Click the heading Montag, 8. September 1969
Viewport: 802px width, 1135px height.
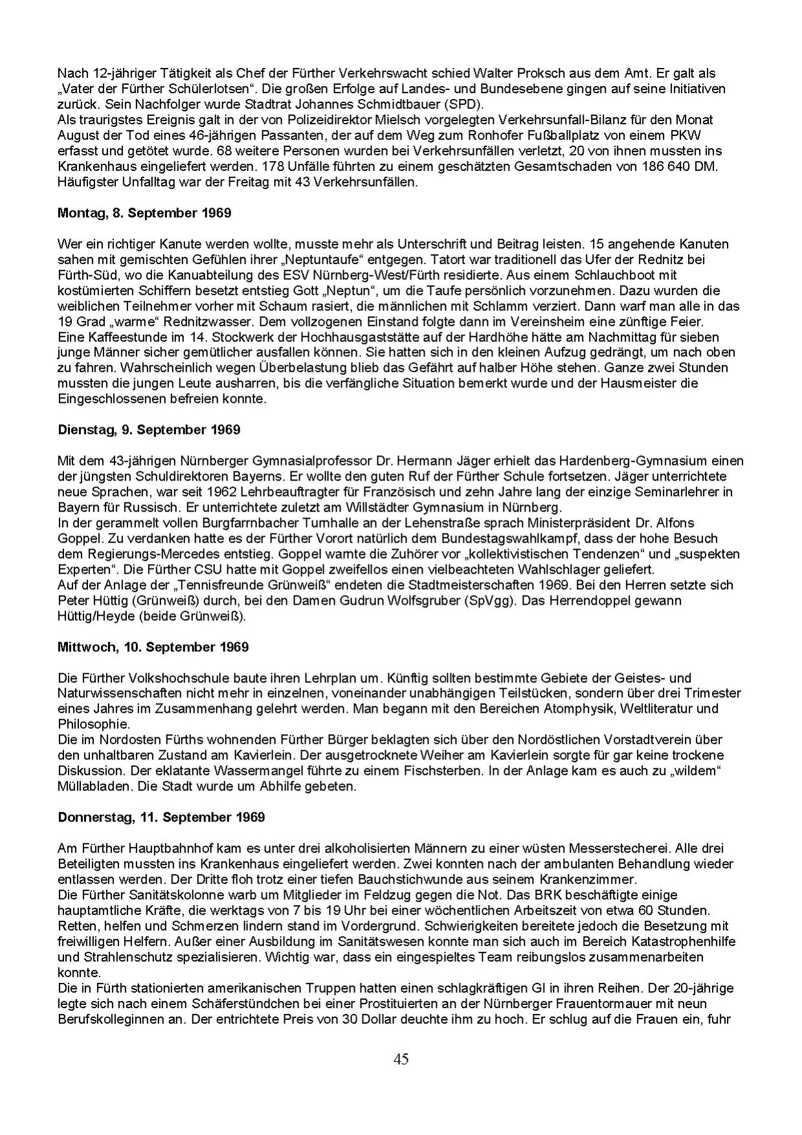click(144, 212)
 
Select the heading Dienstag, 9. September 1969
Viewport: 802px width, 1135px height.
click(149, 430)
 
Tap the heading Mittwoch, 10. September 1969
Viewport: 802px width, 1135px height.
click(153, 647)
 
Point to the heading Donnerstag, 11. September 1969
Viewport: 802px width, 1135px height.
click(161, 817)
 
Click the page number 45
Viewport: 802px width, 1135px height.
click(401, 1059)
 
